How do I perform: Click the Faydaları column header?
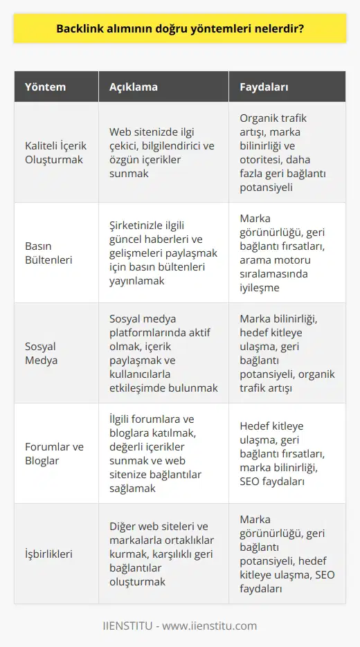tap(264, 88)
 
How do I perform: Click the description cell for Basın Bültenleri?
tap(163, 253)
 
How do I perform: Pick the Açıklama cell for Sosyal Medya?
tap(163, 353)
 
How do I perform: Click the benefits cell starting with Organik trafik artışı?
tap(286, 152)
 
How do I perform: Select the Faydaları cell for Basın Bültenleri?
tap(286, 253)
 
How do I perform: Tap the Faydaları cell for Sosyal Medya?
tap(286, 353)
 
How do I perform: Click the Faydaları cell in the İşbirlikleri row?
tap(286, 554)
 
